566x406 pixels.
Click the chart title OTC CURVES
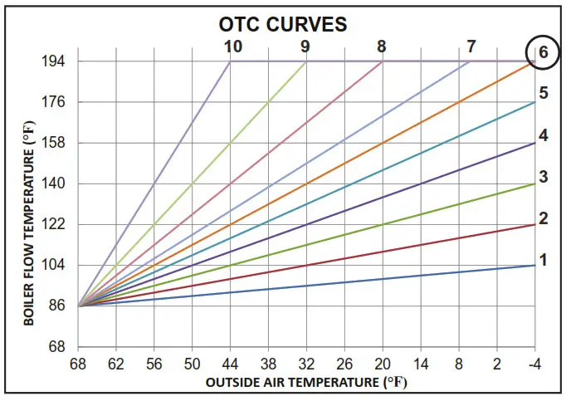(282, 24)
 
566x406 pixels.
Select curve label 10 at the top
(232, 46)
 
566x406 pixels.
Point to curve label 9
(306, 46)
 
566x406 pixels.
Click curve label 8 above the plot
(381, 46)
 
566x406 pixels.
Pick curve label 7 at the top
(471, 46)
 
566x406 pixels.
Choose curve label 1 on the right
(544, 260)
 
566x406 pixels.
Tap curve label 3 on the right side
(544, 176)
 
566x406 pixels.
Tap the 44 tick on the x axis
(230, 364)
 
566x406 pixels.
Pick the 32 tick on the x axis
(306, 364)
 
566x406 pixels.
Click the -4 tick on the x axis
(535, 364)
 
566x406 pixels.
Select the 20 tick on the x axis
(383, 364)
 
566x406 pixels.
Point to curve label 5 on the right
(544, 92)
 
